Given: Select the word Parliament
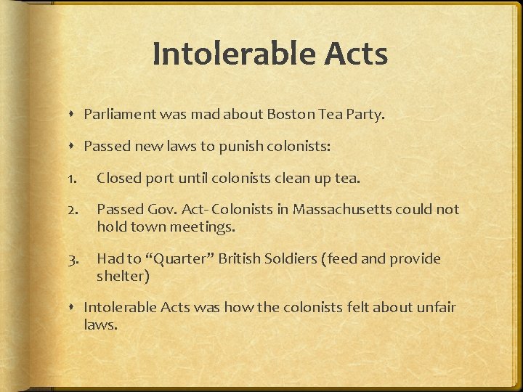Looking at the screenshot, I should pos(117,114).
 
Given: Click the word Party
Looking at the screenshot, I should pos(367,114).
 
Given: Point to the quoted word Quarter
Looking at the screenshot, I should pos(171,259).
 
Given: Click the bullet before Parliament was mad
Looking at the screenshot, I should pos(76,115).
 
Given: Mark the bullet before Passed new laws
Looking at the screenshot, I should pos(76,147).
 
